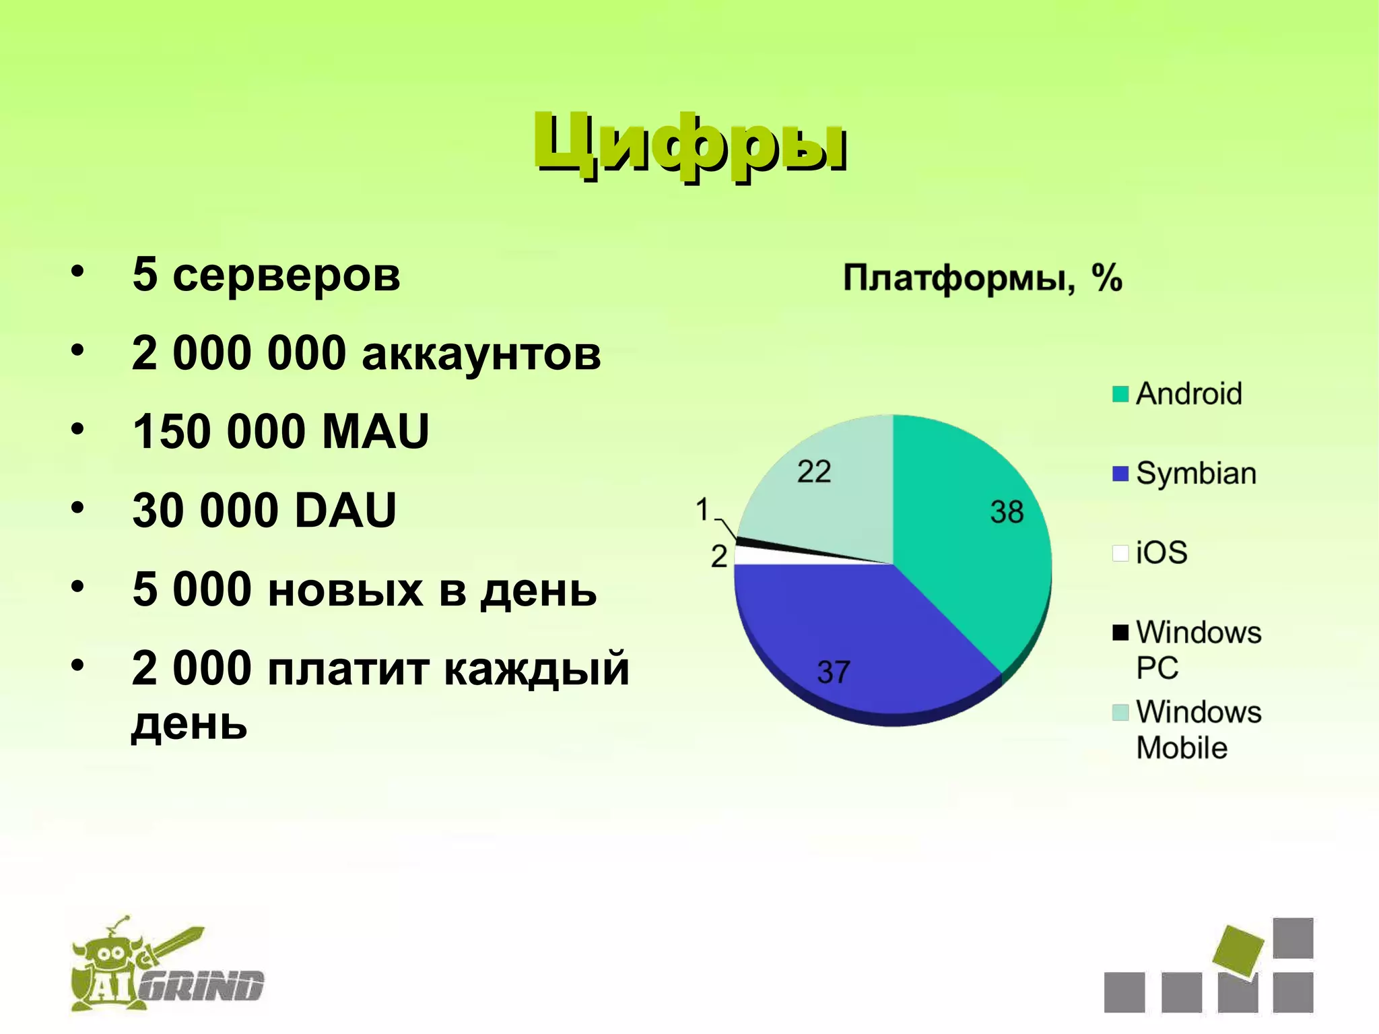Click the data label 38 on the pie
click(x=1006, y=512)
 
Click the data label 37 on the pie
click(x=834, y=672)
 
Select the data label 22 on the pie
click(x=813, y=472)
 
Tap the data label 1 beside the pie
click(x=702, y=509)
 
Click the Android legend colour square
click(x=1120, y=394)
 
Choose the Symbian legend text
click(x=1196, y=474)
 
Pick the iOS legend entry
click(x=1162, y=553)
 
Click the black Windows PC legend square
click(x=1120, y=633)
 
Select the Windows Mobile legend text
click(x=1198, y=730)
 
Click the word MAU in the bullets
click(x=375, y=431)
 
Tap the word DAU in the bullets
click(x=345, y=510)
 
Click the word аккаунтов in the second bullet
click(x=481, y=353)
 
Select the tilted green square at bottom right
click(x=1238, y=951)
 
